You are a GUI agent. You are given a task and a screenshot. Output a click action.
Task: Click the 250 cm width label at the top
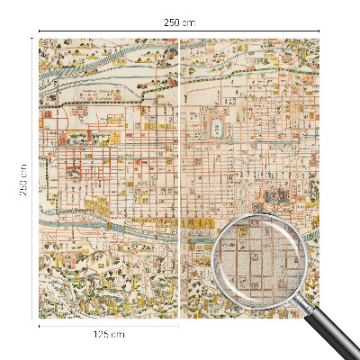tap(180, 22)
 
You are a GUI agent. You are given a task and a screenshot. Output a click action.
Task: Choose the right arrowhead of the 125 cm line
tap(177, 326)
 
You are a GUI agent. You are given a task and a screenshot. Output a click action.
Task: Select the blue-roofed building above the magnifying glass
tap(274, 195)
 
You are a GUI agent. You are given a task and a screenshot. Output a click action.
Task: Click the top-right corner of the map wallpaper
tap(319, 38)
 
